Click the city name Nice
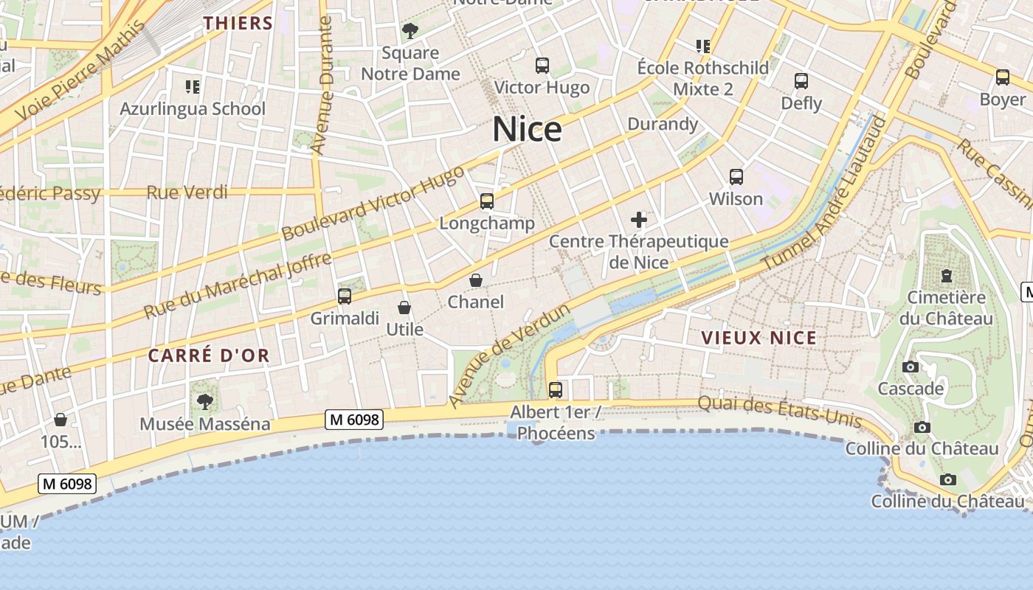tap(527, 130)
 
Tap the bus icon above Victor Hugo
tap(542, 66)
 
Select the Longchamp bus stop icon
tap(486, 201)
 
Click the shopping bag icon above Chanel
tap(476, 280)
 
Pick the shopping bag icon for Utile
tap(404, 308)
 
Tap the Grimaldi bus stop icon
tap(345, 296)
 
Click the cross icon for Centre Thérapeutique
tap(639, 220)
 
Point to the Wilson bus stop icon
tap(736, 177)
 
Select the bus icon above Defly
tap(801, 81)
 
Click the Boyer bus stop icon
tap(1002, 77)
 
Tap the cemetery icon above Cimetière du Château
tap(946, 276)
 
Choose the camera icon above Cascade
tap(911, 367)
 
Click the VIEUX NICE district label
tap(759, 339)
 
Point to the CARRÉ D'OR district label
tap(209, 355)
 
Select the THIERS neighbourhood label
tap(238, 23)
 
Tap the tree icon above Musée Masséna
tap(204, 402)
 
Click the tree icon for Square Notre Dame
tap(410, 31)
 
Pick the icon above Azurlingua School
tap(193, 87)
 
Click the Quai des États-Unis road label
tap(779, 412)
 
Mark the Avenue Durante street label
tap(322, 86)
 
